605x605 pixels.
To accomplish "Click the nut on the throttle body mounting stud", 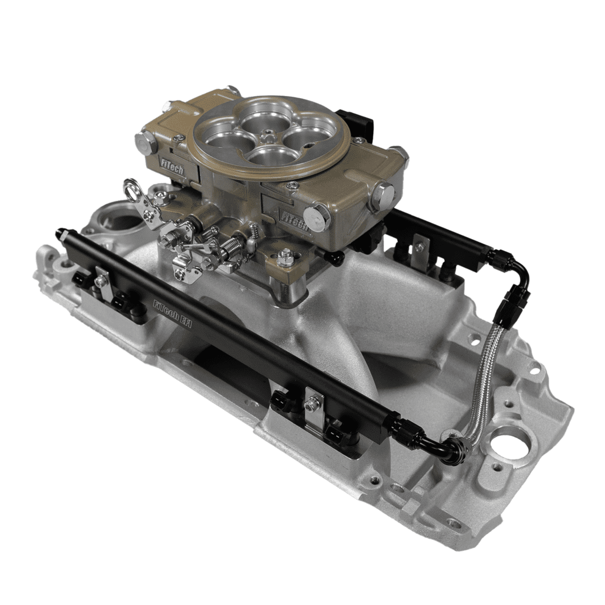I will [285, 257].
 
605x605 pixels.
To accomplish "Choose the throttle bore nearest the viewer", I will [268, 155].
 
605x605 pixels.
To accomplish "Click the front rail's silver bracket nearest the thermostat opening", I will [102, 278].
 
